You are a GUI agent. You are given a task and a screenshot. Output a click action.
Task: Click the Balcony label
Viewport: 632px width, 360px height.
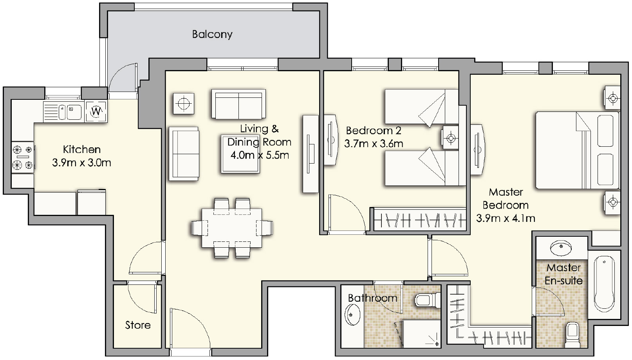212,34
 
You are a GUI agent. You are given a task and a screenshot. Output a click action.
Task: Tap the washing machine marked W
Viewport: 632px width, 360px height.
96,111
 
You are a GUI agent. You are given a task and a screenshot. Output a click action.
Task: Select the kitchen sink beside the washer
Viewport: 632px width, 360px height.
70,112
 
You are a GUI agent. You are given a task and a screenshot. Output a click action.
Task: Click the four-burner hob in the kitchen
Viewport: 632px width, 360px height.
23,157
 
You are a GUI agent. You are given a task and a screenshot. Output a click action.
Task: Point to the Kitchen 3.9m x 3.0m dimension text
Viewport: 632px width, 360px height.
81,156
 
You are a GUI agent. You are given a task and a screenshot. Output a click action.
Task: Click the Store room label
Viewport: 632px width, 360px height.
137,325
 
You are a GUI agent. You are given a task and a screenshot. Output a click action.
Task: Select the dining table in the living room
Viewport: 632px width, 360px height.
232,228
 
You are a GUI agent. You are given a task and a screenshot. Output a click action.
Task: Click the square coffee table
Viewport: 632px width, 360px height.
240,154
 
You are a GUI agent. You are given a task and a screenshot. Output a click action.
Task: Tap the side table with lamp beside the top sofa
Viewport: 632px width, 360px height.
184,104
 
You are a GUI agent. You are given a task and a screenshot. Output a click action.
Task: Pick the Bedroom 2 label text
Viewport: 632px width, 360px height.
373,130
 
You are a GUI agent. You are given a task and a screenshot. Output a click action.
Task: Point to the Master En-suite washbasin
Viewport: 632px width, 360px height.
561,247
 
